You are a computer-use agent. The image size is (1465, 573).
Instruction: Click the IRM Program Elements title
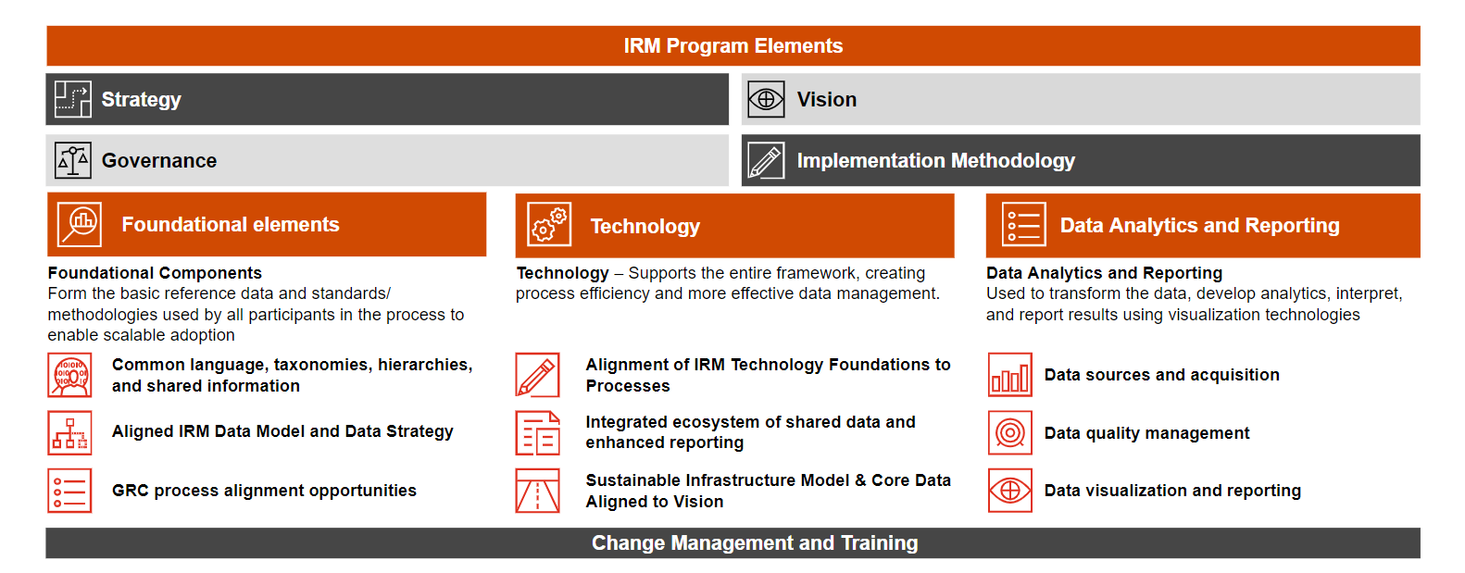coord(732,45)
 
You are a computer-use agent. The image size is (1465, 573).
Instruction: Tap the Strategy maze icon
coord(72,99)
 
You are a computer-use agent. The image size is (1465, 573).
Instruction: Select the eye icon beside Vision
coord(766,99)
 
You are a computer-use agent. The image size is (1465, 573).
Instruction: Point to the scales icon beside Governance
coord(72,160)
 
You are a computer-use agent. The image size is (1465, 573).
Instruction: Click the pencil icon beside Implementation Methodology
coord(766,160)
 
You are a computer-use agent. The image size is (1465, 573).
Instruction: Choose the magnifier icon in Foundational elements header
coord(79,224)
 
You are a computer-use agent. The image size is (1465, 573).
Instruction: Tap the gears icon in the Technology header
coord(549,224)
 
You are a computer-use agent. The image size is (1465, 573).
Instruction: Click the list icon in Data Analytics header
coord(1023,224)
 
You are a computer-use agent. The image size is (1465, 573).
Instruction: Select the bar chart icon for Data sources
coord(1009,375)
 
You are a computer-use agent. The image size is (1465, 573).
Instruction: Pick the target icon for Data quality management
coord(1009,432)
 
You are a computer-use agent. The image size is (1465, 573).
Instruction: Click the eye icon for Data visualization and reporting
coord(1009,490)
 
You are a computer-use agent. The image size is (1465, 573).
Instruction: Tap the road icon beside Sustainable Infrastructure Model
coord(538,490)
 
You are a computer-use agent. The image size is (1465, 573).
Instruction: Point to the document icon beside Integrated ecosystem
coord(538,432)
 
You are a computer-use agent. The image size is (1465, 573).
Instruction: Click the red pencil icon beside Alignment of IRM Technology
coord(538,375)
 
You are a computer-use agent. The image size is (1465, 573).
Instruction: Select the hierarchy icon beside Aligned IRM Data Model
coord(69,432)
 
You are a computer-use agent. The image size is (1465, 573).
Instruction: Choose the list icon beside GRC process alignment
coord(69,490)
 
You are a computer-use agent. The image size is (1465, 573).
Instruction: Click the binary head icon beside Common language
coord(69,375)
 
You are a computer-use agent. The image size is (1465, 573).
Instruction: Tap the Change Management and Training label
coord(755,542)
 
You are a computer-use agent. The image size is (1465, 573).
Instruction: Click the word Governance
coord(159,160)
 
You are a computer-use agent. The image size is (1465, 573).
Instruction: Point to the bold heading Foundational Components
coord(155,273)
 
